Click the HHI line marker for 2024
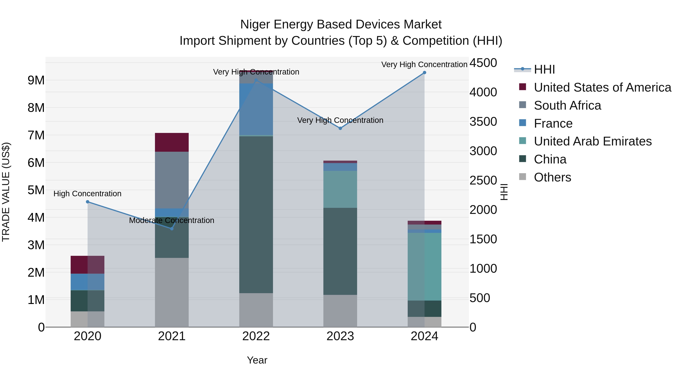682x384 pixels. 424,73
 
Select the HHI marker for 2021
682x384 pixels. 172,229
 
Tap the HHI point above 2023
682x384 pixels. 340,128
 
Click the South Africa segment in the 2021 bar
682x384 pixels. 172,180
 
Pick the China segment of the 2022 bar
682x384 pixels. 256,215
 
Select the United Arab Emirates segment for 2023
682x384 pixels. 340,189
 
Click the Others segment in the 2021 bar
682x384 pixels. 172,292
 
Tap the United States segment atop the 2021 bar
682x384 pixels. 172,142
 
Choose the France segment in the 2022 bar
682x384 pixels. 256,109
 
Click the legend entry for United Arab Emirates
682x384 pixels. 593,141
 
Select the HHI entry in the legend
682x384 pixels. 544,69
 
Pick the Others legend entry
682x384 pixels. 552,177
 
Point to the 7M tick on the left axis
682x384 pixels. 36,135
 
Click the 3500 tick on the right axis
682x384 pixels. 483,122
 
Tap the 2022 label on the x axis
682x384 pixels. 256,336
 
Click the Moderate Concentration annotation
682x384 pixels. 172,221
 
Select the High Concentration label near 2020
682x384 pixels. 87,194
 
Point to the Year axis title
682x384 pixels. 257,360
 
